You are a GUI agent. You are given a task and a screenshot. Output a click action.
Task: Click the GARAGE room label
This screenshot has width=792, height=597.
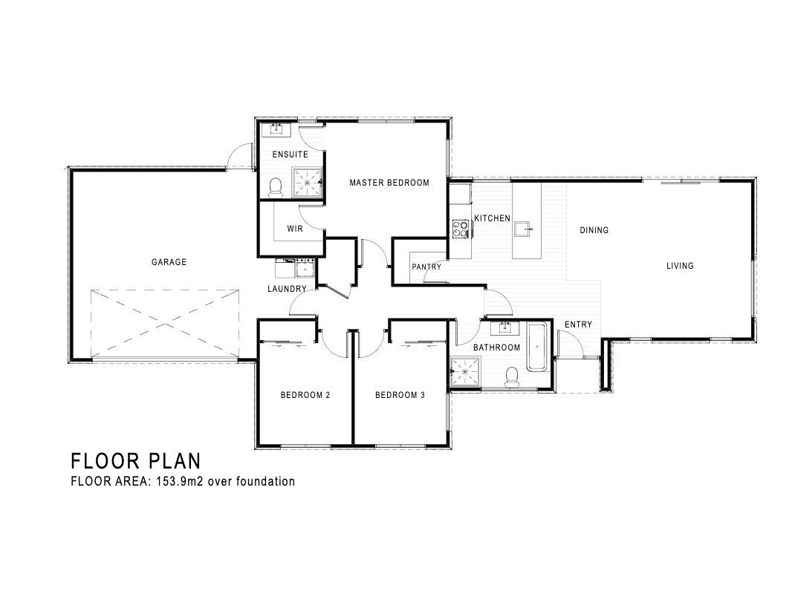pos(169,262)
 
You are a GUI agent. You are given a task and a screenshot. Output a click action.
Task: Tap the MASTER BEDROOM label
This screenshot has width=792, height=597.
pos(389,183)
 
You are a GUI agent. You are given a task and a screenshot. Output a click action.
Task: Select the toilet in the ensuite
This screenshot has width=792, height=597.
pos(276,187)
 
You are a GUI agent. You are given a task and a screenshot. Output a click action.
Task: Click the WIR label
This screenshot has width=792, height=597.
pos(295,229)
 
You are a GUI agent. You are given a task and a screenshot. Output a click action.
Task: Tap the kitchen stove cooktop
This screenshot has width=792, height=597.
pos(460,229)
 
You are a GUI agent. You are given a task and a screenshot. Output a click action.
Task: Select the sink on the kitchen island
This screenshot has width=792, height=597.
pos(524,229)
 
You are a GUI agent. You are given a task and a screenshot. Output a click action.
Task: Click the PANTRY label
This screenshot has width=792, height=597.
pos(426,267)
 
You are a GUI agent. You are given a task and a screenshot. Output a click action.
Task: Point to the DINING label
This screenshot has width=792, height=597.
pos(594,230)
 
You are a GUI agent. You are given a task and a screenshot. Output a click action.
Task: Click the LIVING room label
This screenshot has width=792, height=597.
pos(680,265)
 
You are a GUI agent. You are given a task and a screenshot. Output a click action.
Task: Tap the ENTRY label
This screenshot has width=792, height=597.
pos(578,324)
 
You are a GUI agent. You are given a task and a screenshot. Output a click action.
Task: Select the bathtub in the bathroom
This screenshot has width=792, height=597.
pos(536,348)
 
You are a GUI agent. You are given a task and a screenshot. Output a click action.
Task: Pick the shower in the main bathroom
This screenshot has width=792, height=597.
pos(465,372)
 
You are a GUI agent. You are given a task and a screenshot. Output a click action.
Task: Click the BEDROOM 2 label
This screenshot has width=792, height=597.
pos(305,395)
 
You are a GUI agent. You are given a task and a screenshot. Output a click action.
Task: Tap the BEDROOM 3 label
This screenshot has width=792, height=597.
pos(400,395)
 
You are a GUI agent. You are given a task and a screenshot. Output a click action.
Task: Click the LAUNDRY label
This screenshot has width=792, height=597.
pos(287,289)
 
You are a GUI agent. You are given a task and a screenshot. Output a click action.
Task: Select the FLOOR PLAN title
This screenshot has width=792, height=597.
pos(135,461)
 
